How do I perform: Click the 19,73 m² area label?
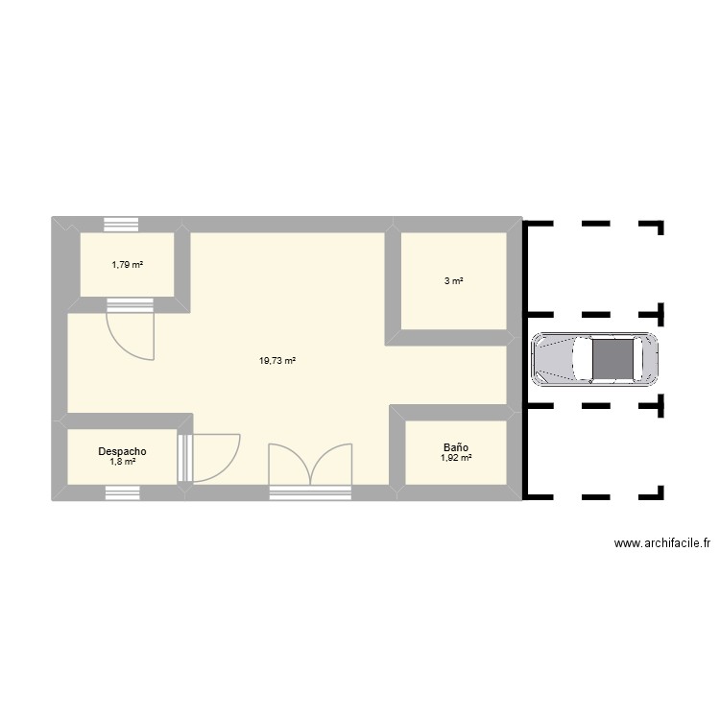(276, 361)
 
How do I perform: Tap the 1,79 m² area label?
(127, 264)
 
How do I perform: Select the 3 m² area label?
(453, 281)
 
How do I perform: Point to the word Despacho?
(122, 449)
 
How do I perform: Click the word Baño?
(455, 447)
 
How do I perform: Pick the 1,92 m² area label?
(455, 459)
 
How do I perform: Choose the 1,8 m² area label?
(122, 461)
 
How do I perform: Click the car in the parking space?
(595, 359)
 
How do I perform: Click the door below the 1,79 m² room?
(130, 331)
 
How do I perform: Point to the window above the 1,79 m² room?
(122, 225)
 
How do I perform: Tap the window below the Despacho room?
(122, 493)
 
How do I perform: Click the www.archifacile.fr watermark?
(662, 544)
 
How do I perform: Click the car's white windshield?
(582, 359)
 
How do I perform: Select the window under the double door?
(309, 493)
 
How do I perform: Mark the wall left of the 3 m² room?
(392, 283)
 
